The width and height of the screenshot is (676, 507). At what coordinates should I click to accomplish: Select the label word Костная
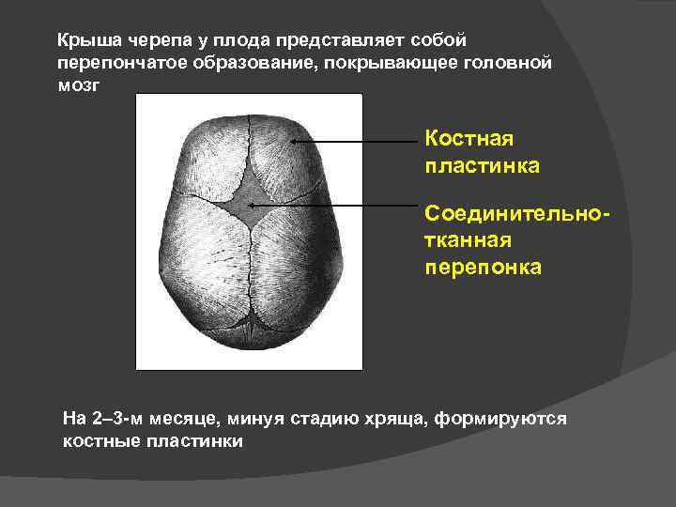(x=469, y=140)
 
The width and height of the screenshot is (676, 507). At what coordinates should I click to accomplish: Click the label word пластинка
(x=483, y=166)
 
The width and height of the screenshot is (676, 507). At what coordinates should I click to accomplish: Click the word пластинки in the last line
(x=197, y=440)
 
